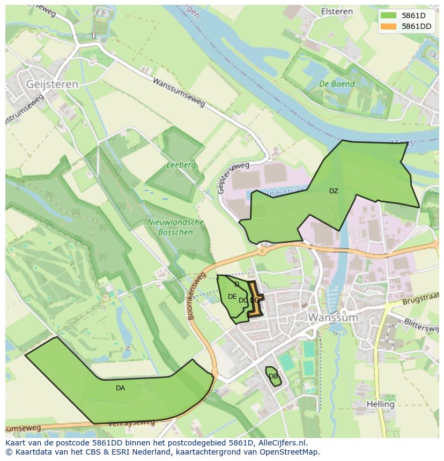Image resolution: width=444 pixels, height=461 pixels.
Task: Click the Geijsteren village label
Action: [51, 84]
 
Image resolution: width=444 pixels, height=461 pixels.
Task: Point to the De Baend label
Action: [337, 84]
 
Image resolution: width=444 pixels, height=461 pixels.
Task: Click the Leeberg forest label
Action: [181, 165]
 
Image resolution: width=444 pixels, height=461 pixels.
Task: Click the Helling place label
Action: [381, 404]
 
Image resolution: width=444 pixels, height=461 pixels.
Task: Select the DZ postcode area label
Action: [334, 191]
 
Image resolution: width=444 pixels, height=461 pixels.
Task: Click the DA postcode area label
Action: [120, 388]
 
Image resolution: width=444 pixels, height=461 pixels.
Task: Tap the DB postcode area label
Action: [273, 376]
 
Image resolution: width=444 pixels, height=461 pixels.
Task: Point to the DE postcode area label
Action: [232, 297]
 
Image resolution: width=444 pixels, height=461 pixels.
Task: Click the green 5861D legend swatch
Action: [389, 16]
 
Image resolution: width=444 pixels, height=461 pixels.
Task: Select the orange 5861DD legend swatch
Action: [389, 26]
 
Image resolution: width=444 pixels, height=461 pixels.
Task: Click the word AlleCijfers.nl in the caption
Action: [281, 443]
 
